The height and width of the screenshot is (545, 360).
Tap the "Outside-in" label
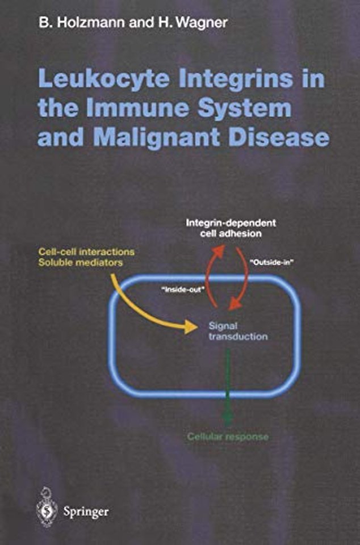(271, 265)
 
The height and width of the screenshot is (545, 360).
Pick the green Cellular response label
(228, 437)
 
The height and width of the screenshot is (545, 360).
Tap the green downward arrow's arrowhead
(228, 420)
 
